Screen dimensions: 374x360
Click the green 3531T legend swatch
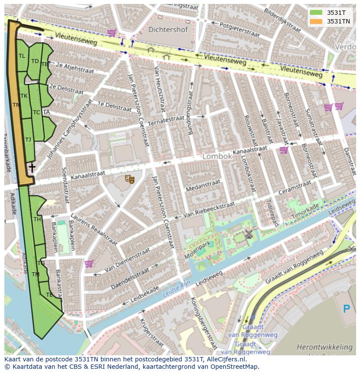click(317, 13)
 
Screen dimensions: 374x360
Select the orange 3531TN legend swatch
click(317, 21)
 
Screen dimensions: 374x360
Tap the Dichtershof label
click(168, 30)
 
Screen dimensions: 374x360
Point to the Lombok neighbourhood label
click(217, 156)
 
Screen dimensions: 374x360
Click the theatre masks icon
click(130, 179)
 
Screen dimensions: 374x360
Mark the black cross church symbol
click(32, 167)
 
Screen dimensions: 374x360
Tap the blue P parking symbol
click(347, 309)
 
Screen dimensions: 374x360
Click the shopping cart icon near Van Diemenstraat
click(89, 263)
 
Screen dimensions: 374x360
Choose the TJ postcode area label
click(28, 140)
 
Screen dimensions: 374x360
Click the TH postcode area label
click(37, 219)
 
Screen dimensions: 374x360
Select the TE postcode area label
click(49, 295)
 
